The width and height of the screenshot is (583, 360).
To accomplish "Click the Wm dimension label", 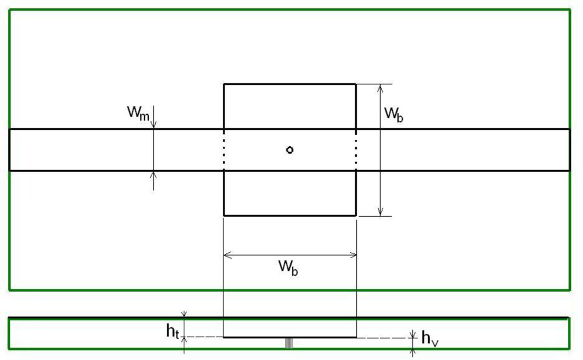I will point(139,112).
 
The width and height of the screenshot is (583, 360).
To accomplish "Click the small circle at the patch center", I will point(290,150).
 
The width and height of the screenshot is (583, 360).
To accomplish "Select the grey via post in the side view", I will point(289,343).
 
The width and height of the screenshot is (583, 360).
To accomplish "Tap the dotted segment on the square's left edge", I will point(224,150).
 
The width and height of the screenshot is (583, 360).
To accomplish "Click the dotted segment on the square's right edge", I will point(356,150).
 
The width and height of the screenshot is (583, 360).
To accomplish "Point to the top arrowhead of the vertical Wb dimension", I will point(380,87).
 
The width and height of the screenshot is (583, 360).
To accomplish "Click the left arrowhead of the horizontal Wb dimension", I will point(227,255).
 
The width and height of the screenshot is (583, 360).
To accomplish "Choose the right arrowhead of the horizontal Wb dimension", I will point(353,255).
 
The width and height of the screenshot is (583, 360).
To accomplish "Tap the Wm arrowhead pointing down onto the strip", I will point(154,125).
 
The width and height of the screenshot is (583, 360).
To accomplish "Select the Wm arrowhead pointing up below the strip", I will point(154,174).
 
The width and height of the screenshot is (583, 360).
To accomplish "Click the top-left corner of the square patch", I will point(224,84).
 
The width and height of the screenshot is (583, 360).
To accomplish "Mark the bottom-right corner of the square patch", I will point(356,216).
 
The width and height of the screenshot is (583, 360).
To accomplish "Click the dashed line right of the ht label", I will point(204,337).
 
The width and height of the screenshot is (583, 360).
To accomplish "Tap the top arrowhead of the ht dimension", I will point(184,315).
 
